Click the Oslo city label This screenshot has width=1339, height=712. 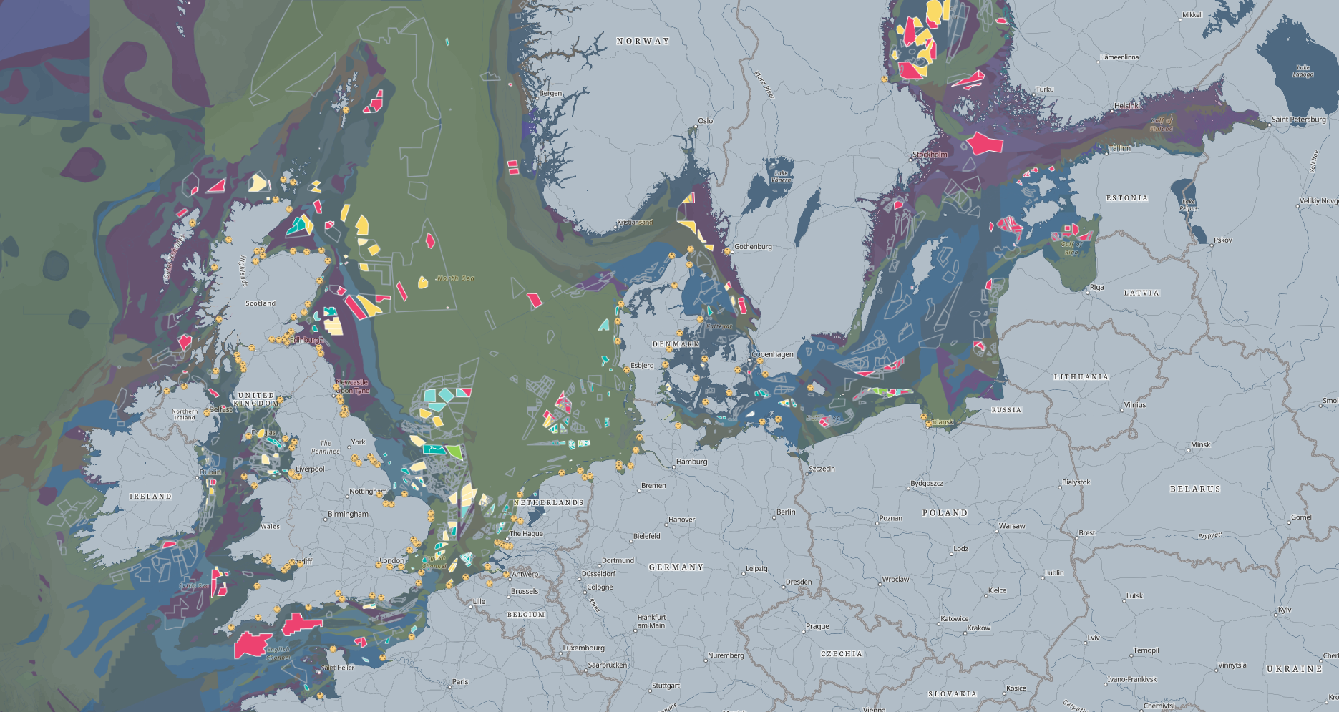[706, 121]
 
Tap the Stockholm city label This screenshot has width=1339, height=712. [930, 155]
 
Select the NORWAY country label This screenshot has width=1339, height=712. [643, 42]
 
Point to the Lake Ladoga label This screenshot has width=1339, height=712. [1303, 71]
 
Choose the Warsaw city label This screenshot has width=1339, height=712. [1012, 526]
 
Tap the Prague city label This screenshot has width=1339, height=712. [817, 626]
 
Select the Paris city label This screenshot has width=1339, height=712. [460, 682]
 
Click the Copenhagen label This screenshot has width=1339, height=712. [773, 354]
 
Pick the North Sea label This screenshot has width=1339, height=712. [456, 278]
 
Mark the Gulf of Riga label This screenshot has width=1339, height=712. [1071, 248]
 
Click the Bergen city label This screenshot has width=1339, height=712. [551, 94]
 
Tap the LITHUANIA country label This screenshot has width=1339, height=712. [1081, 376]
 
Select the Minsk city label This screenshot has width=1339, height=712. [1200, 445]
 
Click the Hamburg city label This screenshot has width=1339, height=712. [691, 462]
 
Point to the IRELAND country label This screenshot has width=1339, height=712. [150, 496]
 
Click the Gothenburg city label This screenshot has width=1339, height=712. [753, 247]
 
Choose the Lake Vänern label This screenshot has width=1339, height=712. [782, 176]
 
